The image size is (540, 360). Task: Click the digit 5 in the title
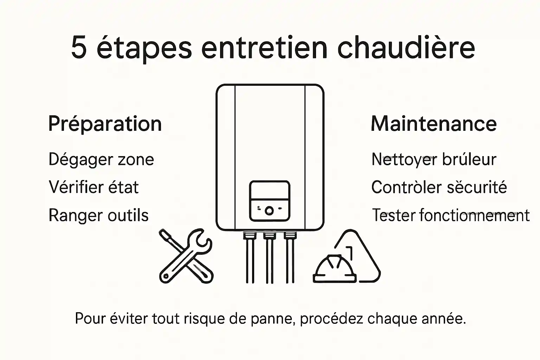[x=79, y=47]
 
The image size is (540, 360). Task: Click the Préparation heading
[x=105, y=124]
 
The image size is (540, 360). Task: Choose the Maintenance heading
[x=433, y=124]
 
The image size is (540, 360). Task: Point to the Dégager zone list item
[x=101, y=159]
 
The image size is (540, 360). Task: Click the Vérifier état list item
[x=94, y=187]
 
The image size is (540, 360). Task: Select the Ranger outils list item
[x=98, y=215]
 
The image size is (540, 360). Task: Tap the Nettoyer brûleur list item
[x=433, y=159]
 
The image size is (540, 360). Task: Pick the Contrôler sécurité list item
[x=439, y=187]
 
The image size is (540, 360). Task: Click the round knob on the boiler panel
[x=269, y=211]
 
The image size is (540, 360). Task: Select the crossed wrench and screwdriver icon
[x=186, y=256]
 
